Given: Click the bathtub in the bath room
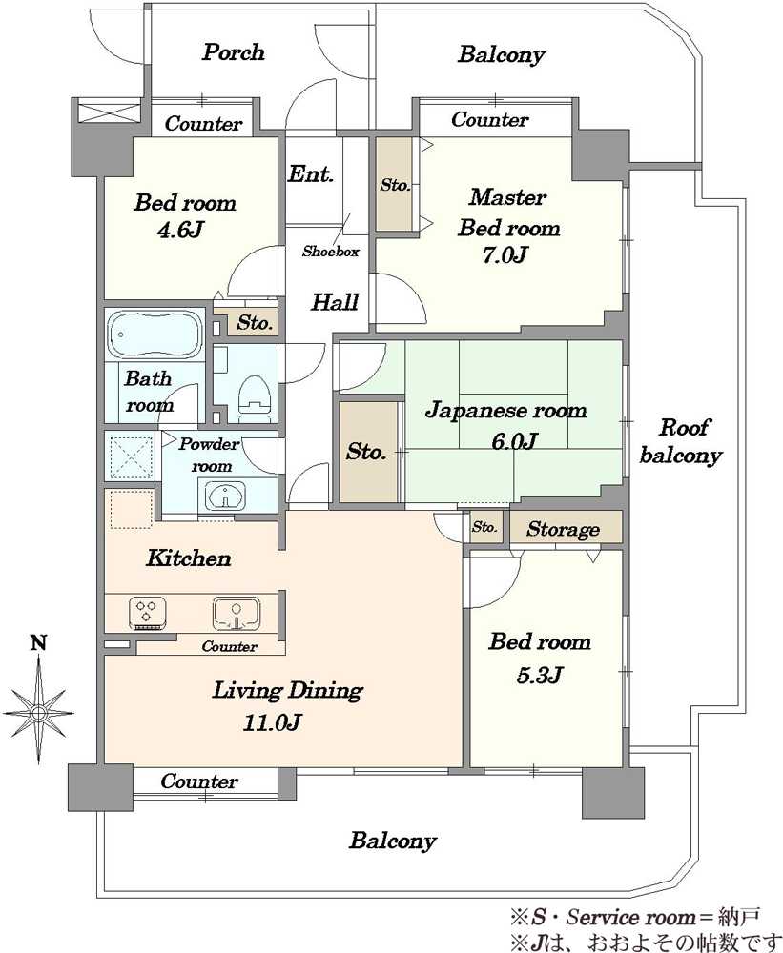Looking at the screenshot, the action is [155, 335].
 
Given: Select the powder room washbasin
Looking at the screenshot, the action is [225, 496].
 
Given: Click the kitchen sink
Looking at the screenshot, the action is [237, 613].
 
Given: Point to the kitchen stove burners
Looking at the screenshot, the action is [148, 613].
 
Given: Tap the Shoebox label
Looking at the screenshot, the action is [330, 251].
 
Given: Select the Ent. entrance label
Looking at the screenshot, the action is [310, 173].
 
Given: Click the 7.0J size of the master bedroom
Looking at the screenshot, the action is [505, 254].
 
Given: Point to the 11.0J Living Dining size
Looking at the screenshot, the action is [272, 722].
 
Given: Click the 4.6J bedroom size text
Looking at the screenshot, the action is [180, 230].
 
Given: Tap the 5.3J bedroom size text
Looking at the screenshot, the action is [539, 675].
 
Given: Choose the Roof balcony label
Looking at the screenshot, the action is [681, 441].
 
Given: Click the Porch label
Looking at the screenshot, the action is [233, 52].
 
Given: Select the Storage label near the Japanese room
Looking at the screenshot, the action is [563, 529].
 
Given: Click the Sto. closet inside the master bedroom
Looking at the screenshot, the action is [395, 184].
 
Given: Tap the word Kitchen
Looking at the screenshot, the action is [189, 558].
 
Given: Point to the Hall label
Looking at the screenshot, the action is [335, 301].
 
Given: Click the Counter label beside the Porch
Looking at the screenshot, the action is [203, 123].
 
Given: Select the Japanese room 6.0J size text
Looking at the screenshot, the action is [514, 440].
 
